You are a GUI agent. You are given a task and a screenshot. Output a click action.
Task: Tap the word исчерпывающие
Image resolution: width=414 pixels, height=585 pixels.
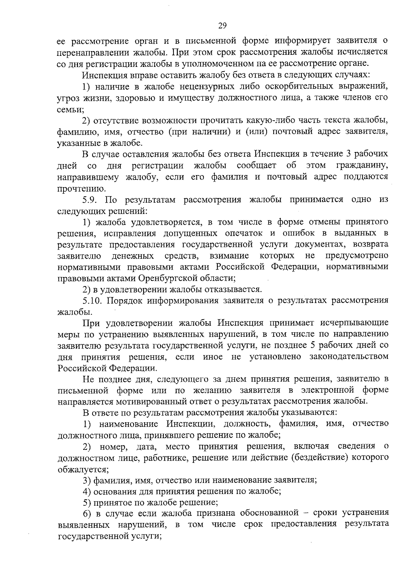click(x=354, y=323)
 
